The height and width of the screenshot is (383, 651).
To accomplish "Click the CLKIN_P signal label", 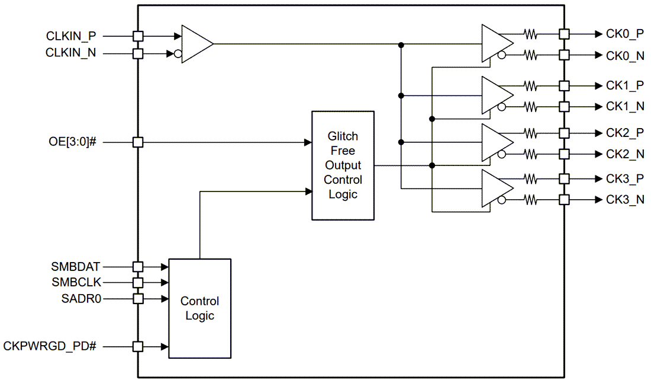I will coord(71,36).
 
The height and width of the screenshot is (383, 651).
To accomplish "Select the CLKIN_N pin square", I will coord(138,54).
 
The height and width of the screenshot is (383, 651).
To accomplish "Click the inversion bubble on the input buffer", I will coord(178,54).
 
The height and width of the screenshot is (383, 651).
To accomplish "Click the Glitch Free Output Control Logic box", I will coord(343,165).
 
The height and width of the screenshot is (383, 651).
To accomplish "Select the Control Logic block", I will coord(199,308).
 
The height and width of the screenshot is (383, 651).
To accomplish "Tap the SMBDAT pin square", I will coord(138,267).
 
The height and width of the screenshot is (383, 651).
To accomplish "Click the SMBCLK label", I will coord(76,282).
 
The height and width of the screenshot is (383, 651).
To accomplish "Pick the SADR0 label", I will coord(82,298).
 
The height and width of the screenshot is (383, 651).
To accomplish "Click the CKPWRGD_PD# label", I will coord(50,346).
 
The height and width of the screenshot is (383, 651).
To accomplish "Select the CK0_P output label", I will coord(625,35).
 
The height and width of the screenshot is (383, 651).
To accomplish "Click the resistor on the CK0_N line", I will coord(530,56).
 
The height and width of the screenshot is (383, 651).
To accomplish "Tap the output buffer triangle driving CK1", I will coord(496,95).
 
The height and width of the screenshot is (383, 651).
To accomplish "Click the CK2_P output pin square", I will coord(564,132).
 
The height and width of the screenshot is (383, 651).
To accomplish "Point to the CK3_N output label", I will coord(625,200).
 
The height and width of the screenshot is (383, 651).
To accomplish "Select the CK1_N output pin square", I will coord(564,107).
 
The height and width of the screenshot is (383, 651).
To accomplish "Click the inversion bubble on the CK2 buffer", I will coord(502,154).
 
